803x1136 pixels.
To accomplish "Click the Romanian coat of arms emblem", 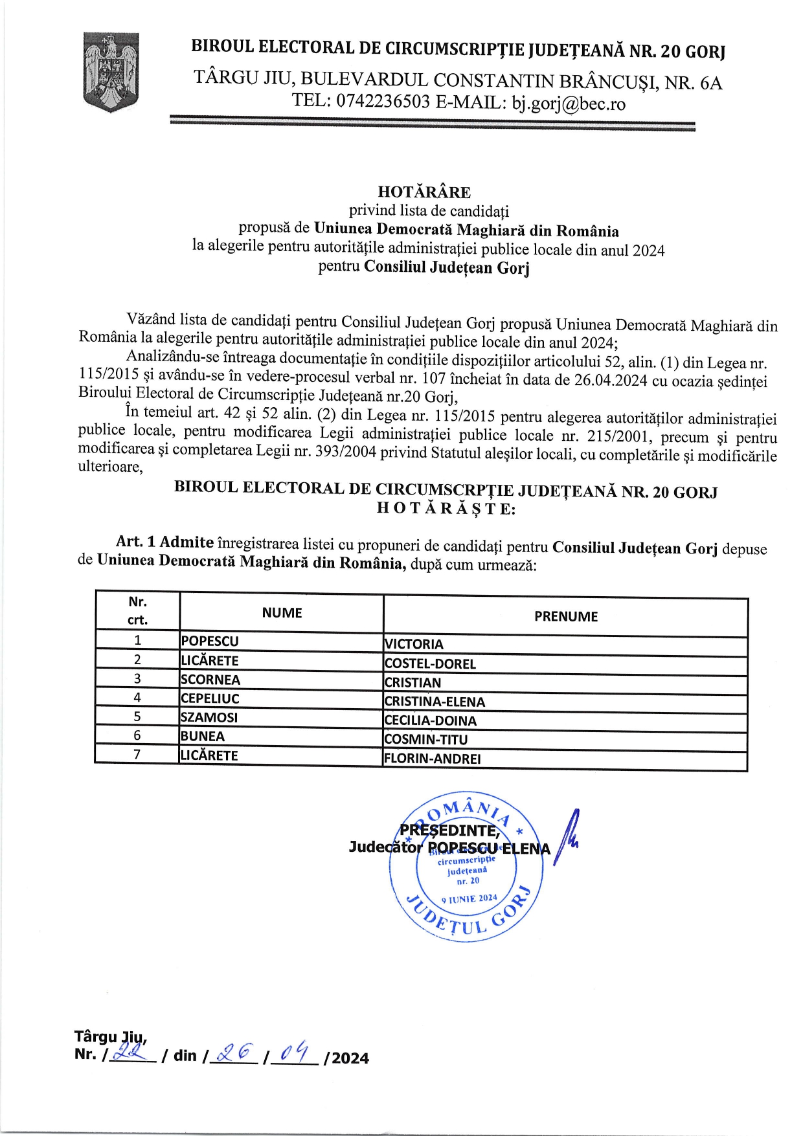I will pyautogui.click(x=111, y=72).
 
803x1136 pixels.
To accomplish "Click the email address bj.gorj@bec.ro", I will pyautogui.click(x=569, y=104).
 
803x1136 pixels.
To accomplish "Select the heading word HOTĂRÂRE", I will pyautogui.click(x=424, y=192).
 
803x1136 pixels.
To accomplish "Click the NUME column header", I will pyautogui.click(x=282, y=613).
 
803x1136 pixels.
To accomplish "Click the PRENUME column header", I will pyautogui.click(x=565, y=616).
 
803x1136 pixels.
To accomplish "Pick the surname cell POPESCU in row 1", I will pyautogui.click(x=210, y=641).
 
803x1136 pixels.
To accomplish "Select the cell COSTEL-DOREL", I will pyautogui.click(x=430, y=664).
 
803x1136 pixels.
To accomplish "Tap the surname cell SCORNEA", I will pyautogui.click(x=210, y=680).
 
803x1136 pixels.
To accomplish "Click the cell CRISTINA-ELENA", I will pyautogui.click(x=435, y=702).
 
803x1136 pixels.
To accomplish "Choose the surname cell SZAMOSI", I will pyautogui.click(x=209, y=717).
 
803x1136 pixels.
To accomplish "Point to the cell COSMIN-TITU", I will pyautogui.click(x=425, y=739).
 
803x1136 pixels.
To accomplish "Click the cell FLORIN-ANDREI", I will pyautogui.click(x=432, y=759).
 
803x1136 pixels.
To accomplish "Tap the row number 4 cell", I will pyautogui.click(x=137, y=698).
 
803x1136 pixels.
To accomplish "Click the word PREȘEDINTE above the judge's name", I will pyautogui.click(x=449, y=830).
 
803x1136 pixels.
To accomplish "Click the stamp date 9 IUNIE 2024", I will pyautogui.click(x=469, y=898).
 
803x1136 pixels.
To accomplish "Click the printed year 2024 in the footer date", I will pyautogui.click(x=350, y=1058).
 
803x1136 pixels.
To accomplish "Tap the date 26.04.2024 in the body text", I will pyautogui.click(x=610, y=380).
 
